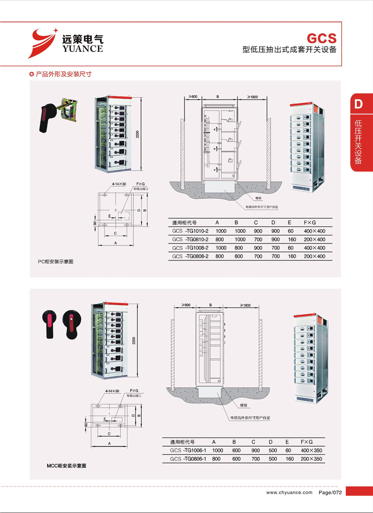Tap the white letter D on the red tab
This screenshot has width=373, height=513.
point(358,104)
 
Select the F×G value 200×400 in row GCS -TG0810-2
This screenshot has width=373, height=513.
point(315,239)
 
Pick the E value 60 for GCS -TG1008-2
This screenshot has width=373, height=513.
point(290,248)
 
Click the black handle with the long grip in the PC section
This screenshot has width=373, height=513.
point(45,119)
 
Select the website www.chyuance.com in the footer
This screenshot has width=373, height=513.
point(289,492)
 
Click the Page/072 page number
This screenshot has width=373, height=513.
point(330,492)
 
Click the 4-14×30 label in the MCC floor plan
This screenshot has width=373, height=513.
point(112,391)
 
